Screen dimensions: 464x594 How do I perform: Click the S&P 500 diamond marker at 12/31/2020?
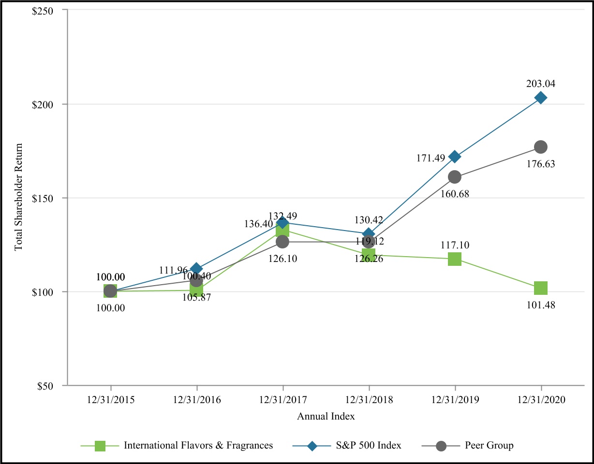pyautogui.click(x=541, y=98)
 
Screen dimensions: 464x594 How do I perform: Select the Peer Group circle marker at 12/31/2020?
pyautogui.click(x=541, y=147)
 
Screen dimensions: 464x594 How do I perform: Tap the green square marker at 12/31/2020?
pyautogui.click(x=541, y=288)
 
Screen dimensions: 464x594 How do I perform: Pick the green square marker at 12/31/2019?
pyautogui.click(x=455, y=259)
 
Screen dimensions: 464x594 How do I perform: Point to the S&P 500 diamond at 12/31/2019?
pyautogui.click(x=455, y=157)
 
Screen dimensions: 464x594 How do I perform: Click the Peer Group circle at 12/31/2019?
pyautogui.click(x=455, y=177)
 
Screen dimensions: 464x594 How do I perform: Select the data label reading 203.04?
pyautogui.click(x=541, y=84)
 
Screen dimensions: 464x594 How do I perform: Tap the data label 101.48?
pyautogui.click(x=541, y=305)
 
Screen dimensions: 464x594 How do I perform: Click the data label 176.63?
pyautogui.click(x=541, y=164)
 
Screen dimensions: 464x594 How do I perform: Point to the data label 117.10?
pyautogui.click(x=455, y=246)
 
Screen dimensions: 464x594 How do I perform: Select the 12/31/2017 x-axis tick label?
pyautogui.click(x=283, y=401)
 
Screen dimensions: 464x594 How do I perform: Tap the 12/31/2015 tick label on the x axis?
pyautogui.click(x=111, y=401)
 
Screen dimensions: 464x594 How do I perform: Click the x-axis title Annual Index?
pyautogui.click(x=326, y=416)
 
